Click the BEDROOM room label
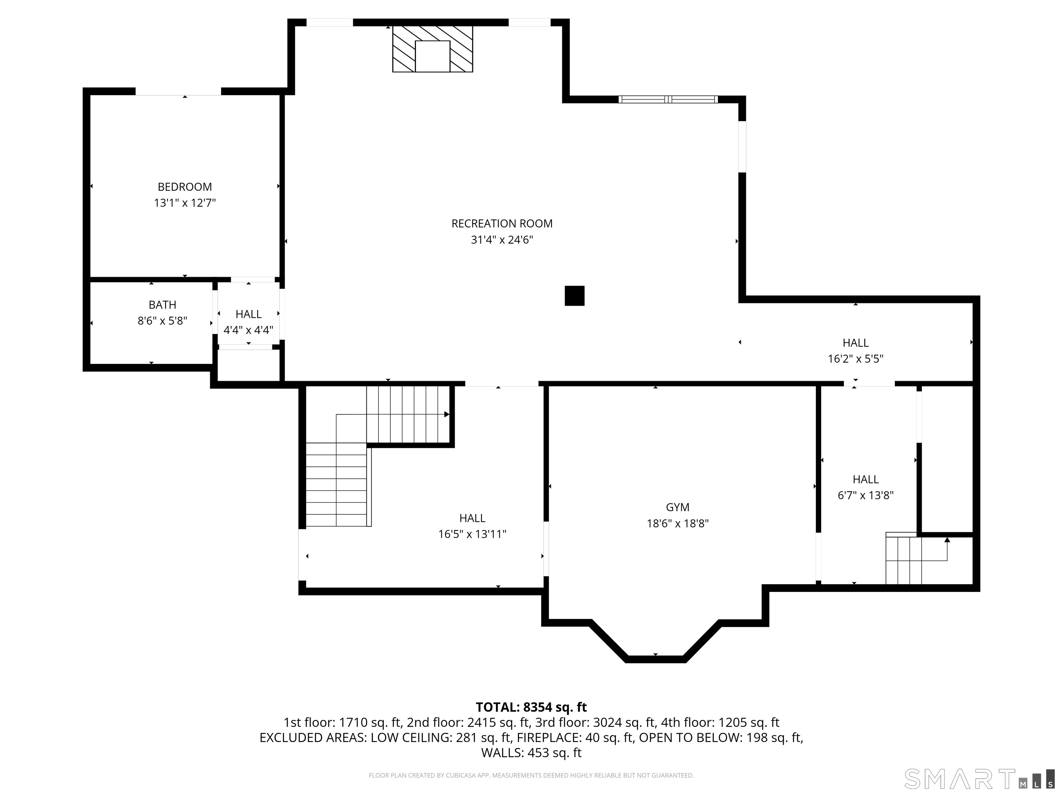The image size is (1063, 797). [184, 187]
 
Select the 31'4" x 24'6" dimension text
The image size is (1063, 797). [502, 240]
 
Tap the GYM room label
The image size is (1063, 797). [677, 507]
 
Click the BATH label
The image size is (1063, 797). [162, 304]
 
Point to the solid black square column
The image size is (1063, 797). [574, 296]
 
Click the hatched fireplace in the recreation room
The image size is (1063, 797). [433, 49]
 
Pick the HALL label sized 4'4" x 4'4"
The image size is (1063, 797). [248, 314]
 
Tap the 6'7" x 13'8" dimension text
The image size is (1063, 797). [865, 495]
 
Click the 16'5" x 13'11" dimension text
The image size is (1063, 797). [472, 534]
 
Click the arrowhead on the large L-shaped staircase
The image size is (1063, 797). [446, 414]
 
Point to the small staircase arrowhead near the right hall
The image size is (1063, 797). [947, 540]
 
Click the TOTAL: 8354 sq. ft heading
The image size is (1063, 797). [531, 707]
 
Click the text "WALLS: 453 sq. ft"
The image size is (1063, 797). [531, 753]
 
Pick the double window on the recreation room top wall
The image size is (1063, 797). [668, 99]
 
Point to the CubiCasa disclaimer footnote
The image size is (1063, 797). [531, 776]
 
